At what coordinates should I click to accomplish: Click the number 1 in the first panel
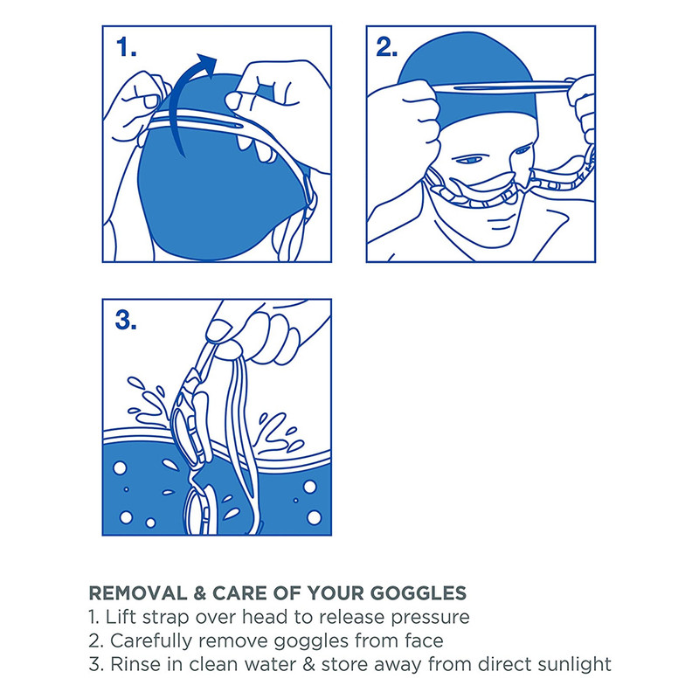click(126, 47)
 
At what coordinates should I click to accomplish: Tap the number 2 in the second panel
click(387, 47)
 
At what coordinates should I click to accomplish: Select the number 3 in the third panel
click(126, 320)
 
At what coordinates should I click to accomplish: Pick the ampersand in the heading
click(200, 593)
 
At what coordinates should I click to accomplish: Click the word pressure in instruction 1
click(430, 619)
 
